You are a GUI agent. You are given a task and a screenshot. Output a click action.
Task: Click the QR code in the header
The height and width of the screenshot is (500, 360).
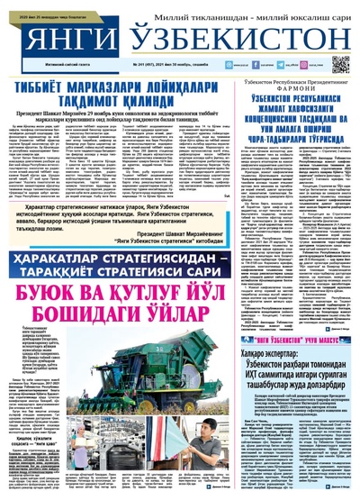click(340, 64)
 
